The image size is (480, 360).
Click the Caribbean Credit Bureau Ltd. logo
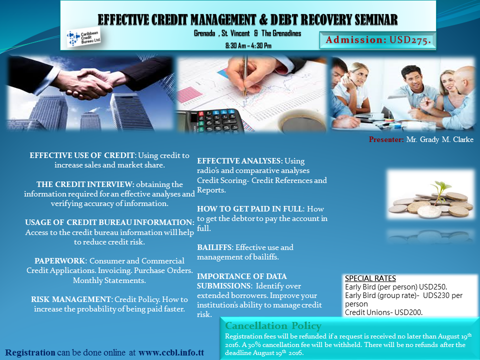(84, 38)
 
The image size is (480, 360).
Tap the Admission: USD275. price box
(377, 40)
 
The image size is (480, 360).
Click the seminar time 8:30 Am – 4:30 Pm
(248, 45)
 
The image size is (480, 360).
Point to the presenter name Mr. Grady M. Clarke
(439, 139)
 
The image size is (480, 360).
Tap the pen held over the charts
(245, 75)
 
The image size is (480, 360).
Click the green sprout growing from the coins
(439, 190)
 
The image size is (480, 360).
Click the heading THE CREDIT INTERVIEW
(85, 184)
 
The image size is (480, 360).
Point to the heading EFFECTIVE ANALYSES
(239, 161)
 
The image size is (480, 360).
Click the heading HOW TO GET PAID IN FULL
(250, 209)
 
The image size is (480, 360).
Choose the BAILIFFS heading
(215, 247)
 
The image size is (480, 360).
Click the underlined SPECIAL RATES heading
(370, 278)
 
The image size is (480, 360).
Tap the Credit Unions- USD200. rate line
(384, 312)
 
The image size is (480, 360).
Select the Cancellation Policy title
(273, 325)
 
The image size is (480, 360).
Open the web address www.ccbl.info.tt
(171, 352)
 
